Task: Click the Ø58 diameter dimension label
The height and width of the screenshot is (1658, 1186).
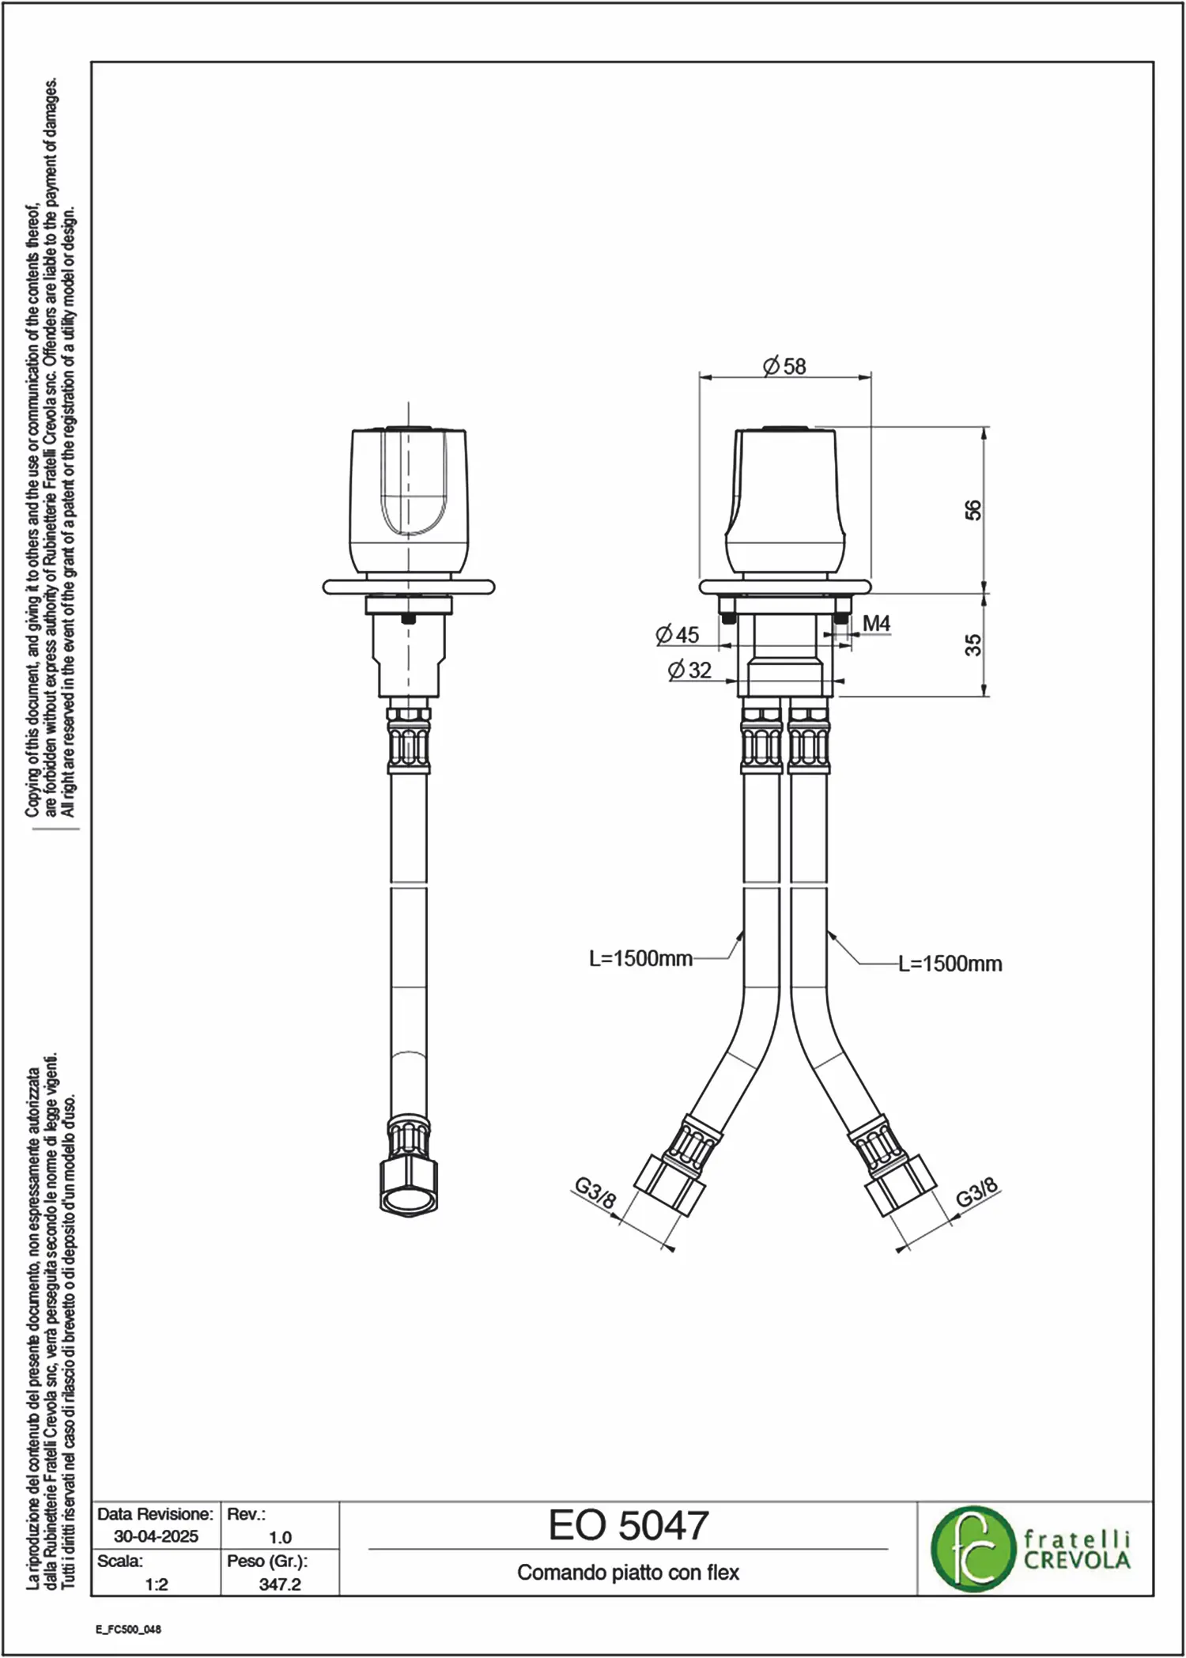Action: click(x=784, y=366)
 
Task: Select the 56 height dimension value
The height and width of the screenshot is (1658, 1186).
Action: click(x=973, y=510)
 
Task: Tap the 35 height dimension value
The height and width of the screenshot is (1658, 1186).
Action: click(x=973, y=644)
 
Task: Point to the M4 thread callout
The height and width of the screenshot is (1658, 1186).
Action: click(x=876, y=624)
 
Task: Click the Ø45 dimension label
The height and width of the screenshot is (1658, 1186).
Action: click(x=678, y=634)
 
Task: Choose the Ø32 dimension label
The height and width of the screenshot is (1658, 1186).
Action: click(x=689, y=670)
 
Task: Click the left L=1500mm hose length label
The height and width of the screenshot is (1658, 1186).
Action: click(x=640, y=959)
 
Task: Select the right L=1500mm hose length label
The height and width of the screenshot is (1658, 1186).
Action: click(x=950, y=964)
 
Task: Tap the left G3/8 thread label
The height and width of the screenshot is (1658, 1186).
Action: click(x=595, y=1195)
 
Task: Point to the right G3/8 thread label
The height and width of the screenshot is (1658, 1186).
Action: click(x=977, y=1193)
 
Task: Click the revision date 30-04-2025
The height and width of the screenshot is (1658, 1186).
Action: click(x=157, y=1536)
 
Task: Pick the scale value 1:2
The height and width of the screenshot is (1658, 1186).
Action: click(x=157, y=1584)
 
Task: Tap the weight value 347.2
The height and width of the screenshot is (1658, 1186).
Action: click(x=280, y=1584)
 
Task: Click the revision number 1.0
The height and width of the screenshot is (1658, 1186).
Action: click(x=280, y=1537)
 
